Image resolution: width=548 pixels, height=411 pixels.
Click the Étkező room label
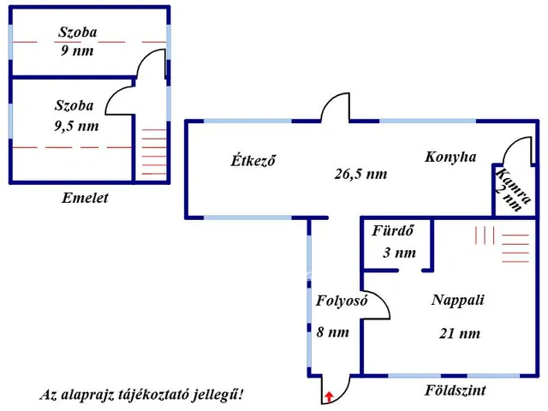pos(253,161)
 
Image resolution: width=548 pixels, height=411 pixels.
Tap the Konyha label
pos(450,158)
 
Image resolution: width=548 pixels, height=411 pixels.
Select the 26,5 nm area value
pos(360,174)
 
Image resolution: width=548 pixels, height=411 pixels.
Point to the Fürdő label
pos(393,231)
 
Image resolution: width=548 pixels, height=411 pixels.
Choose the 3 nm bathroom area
pos(399,253)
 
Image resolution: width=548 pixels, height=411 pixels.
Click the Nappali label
pos(458,301)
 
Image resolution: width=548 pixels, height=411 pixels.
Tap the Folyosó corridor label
pos(342,301)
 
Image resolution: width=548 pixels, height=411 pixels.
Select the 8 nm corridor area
pos(332,332)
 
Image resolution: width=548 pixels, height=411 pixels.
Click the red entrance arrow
pos(329,396)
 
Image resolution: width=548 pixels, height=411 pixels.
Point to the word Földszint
pos(455,391)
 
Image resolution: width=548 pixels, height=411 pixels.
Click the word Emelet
pos(85,199)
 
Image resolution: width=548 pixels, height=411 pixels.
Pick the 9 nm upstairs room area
pos(78,50)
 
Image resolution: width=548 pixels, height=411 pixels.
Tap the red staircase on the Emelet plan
pos(152,152)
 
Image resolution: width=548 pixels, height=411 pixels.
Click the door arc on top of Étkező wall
pos(336,110)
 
